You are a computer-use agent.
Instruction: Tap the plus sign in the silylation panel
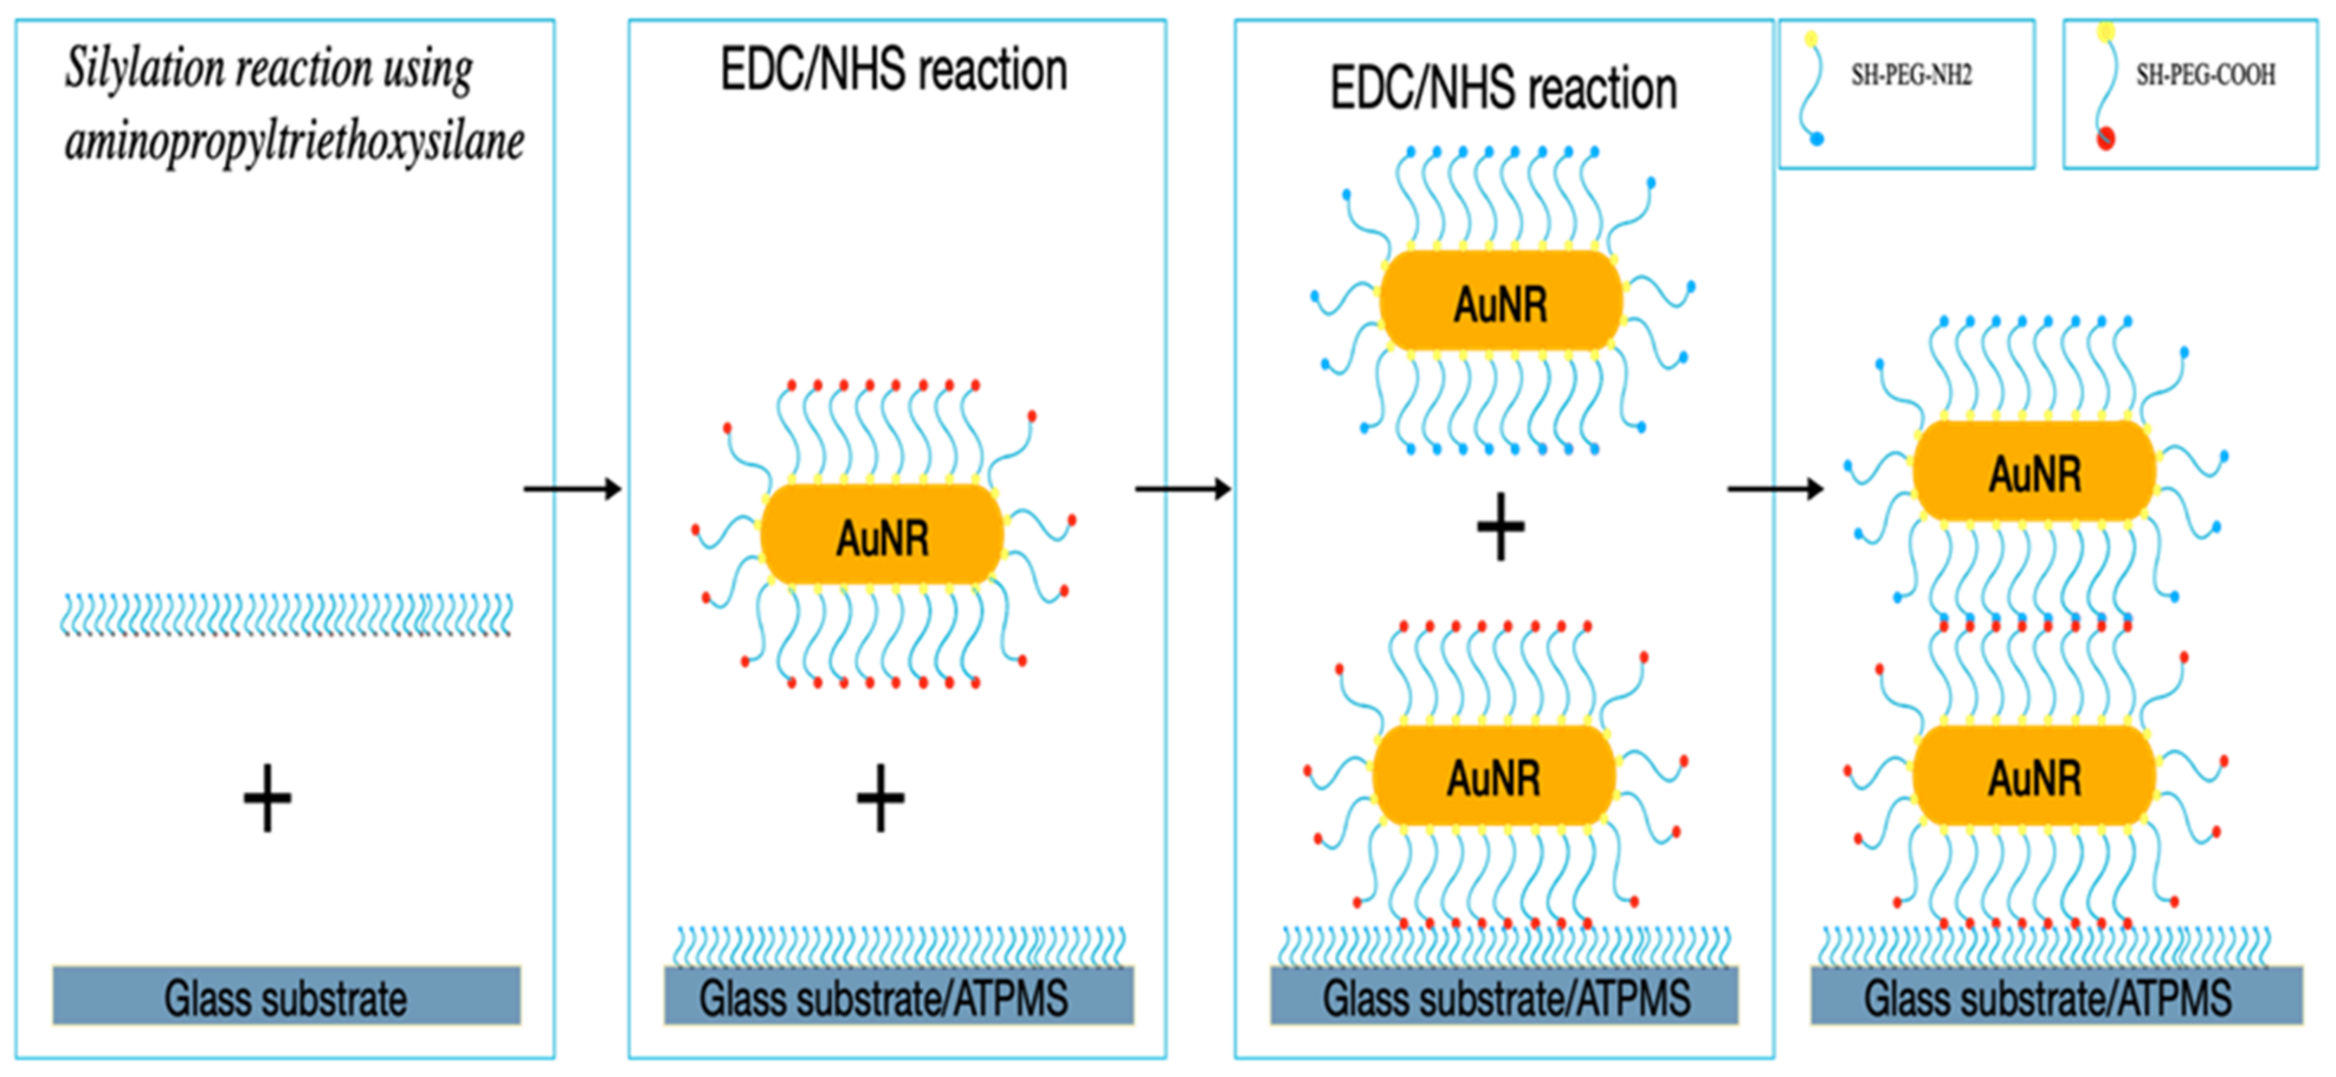point(267,798)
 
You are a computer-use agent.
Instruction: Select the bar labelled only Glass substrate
point(286,997)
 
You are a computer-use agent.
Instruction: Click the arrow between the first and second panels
point(572,489)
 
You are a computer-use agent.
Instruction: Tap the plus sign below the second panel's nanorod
point(880,798)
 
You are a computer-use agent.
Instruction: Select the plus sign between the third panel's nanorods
point(1501,527)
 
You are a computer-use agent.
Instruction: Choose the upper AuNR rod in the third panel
point(1501,302)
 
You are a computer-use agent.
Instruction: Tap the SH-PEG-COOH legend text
point(2205,75)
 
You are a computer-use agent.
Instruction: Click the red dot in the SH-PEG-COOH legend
point(2106,138)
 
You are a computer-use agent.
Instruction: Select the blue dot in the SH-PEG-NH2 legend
point(1816,138)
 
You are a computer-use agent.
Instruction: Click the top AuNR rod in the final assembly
point(2035,472)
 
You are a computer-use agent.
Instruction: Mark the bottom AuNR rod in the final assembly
point(2035,776)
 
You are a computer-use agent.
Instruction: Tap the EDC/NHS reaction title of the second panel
point(893,70)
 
